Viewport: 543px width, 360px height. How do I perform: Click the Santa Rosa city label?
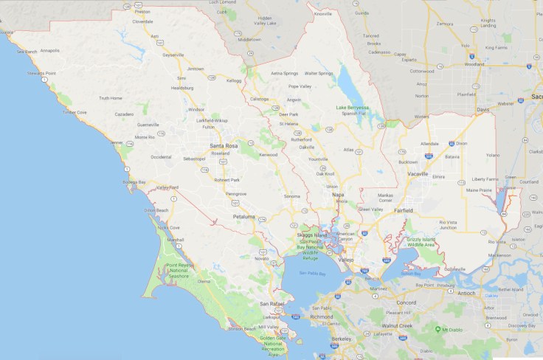pos(224,146)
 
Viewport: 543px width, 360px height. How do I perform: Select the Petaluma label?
pos(243,217)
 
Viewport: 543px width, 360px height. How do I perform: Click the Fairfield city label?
pos(404,210)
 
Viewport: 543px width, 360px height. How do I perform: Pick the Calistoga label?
pos(258,99)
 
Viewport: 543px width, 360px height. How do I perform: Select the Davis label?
pos(483,109)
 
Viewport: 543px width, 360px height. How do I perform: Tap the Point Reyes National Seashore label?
pos(181,270)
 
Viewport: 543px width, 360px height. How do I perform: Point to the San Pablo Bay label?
pos(312,273)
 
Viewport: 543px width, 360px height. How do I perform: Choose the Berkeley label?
pos(341,339)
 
